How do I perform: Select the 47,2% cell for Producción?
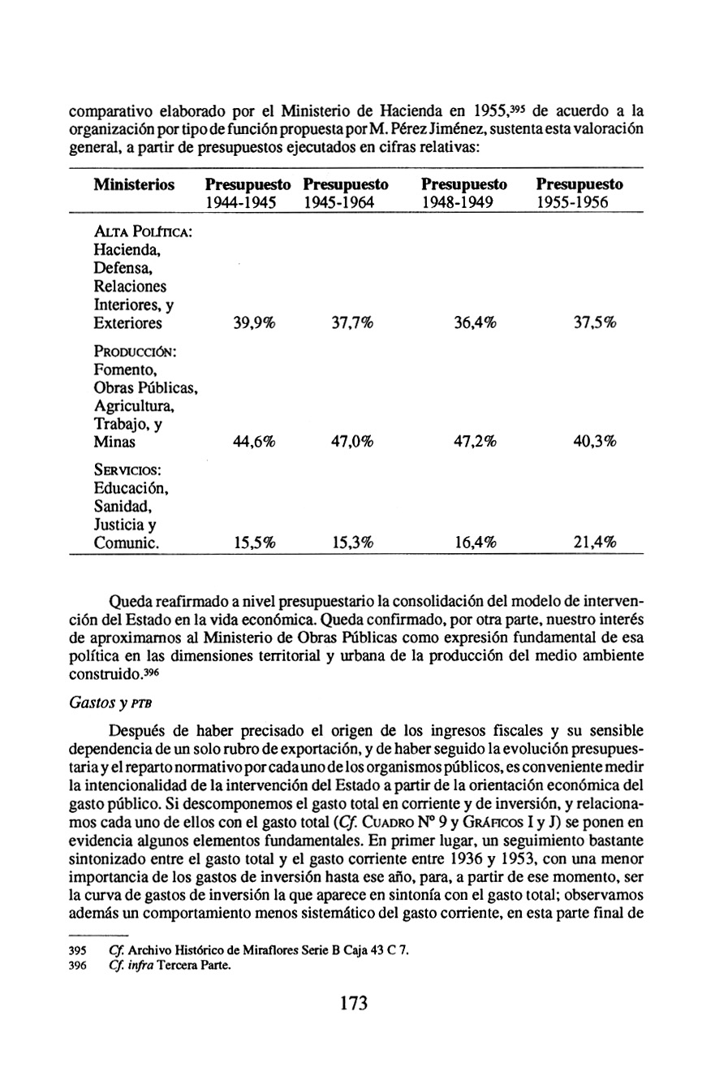[476, 442]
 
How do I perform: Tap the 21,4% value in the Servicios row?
[595, 544]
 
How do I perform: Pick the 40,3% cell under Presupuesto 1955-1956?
[595, 442]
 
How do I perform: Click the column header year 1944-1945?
[241, 201]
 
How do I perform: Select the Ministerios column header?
[135, 185]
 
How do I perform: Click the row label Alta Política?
[142, 234]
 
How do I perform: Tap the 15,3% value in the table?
[351, 544]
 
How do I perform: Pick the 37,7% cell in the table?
[351, 323]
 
